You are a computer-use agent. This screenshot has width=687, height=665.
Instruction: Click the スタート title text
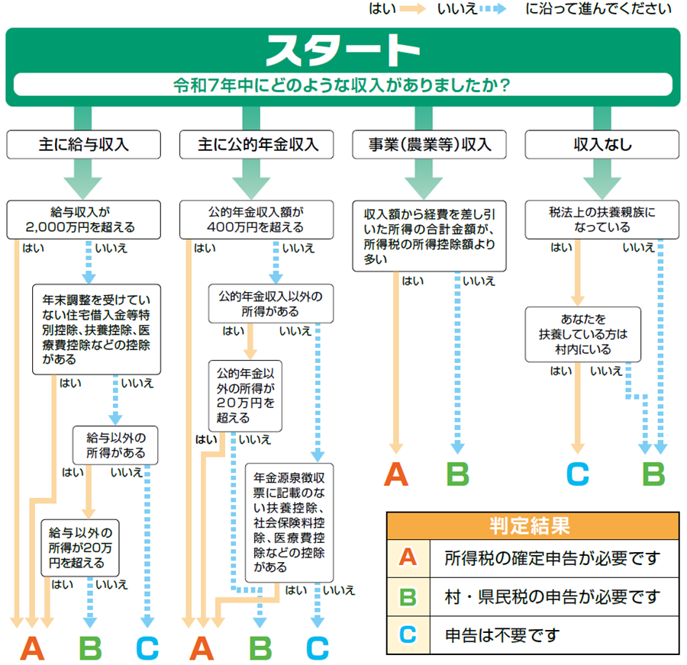pos(343,50)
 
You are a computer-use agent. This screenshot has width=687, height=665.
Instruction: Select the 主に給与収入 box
pos(84,143)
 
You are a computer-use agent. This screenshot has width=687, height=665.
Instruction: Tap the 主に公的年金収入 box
pos(256,143)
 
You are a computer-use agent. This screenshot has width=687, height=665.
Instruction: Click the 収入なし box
pos(603,143)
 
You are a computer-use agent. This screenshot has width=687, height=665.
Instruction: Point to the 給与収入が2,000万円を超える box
pos(84,220)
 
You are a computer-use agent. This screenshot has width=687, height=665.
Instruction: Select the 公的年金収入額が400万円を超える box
pos(256,220)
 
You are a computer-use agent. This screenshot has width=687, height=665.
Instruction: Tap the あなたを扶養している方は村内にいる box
pos(583,334)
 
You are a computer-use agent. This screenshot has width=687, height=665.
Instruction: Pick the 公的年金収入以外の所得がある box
pos(266,304)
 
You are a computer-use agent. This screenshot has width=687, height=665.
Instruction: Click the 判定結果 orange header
pos(532,525)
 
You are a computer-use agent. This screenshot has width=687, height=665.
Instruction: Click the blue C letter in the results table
pos(408,634)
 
